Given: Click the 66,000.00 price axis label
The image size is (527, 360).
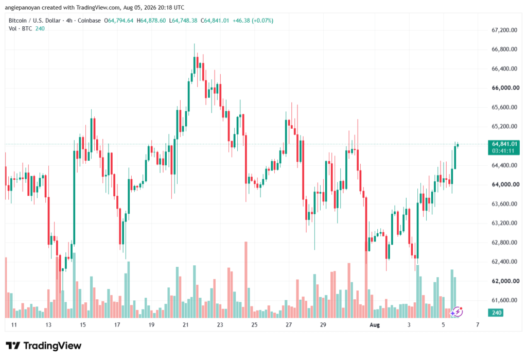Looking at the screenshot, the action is click(505, 88).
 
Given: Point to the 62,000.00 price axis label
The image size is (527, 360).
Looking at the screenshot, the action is click(505, 281).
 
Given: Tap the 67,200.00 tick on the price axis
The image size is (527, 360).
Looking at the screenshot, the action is click(504, 30).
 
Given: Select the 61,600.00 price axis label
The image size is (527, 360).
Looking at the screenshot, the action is click(504, 300).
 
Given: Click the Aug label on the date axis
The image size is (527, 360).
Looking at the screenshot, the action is click(375, 324).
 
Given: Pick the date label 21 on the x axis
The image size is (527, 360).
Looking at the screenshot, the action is click(185, 324).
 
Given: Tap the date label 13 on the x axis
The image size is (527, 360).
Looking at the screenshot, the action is click(48, 324).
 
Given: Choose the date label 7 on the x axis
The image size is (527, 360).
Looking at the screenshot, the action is click(477, 324).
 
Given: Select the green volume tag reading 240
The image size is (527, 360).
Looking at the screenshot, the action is click(496, 313).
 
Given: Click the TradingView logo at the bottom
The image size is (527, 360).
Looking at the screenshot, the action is click(44, 346).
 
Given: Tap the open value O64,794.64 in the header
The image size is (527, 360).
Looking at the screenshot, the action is click(119, 21).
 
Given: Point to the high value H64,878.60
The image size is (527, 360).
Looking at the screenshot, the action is click(151, 21).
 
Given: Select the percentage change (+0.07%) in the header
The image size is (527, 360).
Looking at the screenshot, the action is click(262, 21).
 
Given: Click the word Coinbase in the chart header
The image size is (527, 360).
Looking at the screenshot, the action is click(89, 21).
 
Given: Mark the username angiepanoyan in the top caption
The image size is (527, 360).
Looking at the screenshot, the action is click(22, 7).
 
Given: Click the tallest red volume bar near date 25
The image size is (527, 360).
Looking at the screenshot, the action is click(246, 280).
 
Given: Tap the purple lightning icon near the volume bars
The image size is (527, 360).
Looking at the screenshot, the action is click(457, 312).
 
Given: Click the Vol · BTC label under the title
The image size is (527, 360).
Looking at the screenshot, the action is click(20, 29).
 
